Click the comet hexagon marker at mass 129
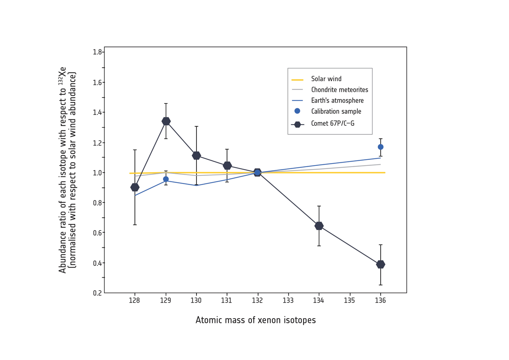(166, 121)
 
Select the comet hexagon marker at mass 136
(381, 265)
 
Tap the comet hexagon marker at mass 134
(319, 226)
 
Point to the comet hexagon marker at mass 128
(135, 187)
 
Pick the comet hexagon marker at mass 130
(196, 156)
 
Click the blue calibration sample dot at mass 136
(381, 147)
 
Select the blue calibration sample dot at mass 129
(166, 179)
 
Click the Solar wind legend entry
(326, 79)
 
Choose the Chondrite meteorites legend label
(340, 90)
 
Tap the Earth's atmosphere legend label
(337, 101)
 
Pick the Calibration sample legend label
(336, 111)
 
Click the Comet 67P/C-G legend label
(332, 124)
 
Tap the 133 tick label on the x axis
(288, 301)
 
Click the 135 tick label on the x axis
(350, 301)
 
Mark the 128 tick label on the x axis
(135, 301)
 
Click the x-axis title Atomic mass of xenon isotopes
(256, 320)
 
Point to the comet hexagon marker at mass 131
(227, 165)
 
